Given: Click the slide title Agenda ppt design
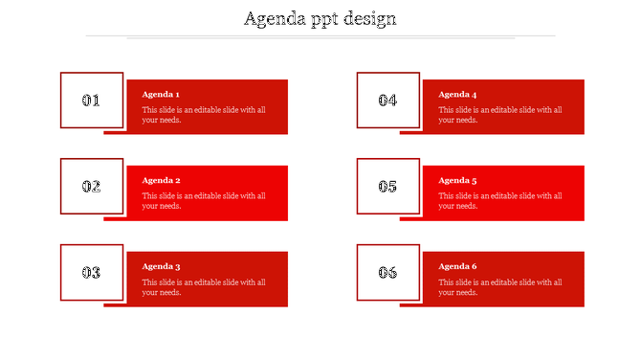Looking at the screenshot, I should point(320,18).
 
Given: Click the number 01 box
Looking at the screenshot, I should point(92,100).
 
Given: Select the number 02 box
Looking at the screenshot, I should point(92,186).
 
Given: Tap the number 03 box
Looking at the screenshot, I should point(92,272).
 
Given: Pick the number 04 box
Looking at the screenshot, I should point(387,100).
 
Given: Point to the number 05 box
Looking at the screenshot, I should point(387,186).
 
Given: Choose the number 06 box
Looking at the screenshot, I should point(387,272).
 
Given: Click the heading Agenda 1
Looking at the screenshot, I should point(161,95).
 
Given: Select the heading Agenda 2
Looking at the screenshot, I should point(161,180).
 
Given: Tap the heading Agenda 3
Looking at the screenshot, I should point(161,266).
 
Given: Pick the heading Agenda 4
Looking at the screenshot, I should point(457,95).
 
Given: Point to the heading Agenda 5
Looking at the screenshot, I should point(457,180).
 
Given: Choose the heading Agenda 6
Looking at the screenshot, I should point(457,266).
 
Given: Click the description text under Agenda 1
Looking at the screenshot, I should point(204,115).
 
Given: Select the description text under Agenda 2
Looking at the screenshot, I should point(204,201).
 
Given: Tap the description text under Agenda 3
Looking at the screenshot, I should point(204,287).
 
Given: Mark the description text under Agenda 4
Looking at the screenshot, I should point(500,115).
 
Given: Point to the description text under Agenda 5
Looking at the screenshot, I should point(500,201).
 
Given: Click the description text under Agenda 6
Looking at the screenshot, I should point(500,287).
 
